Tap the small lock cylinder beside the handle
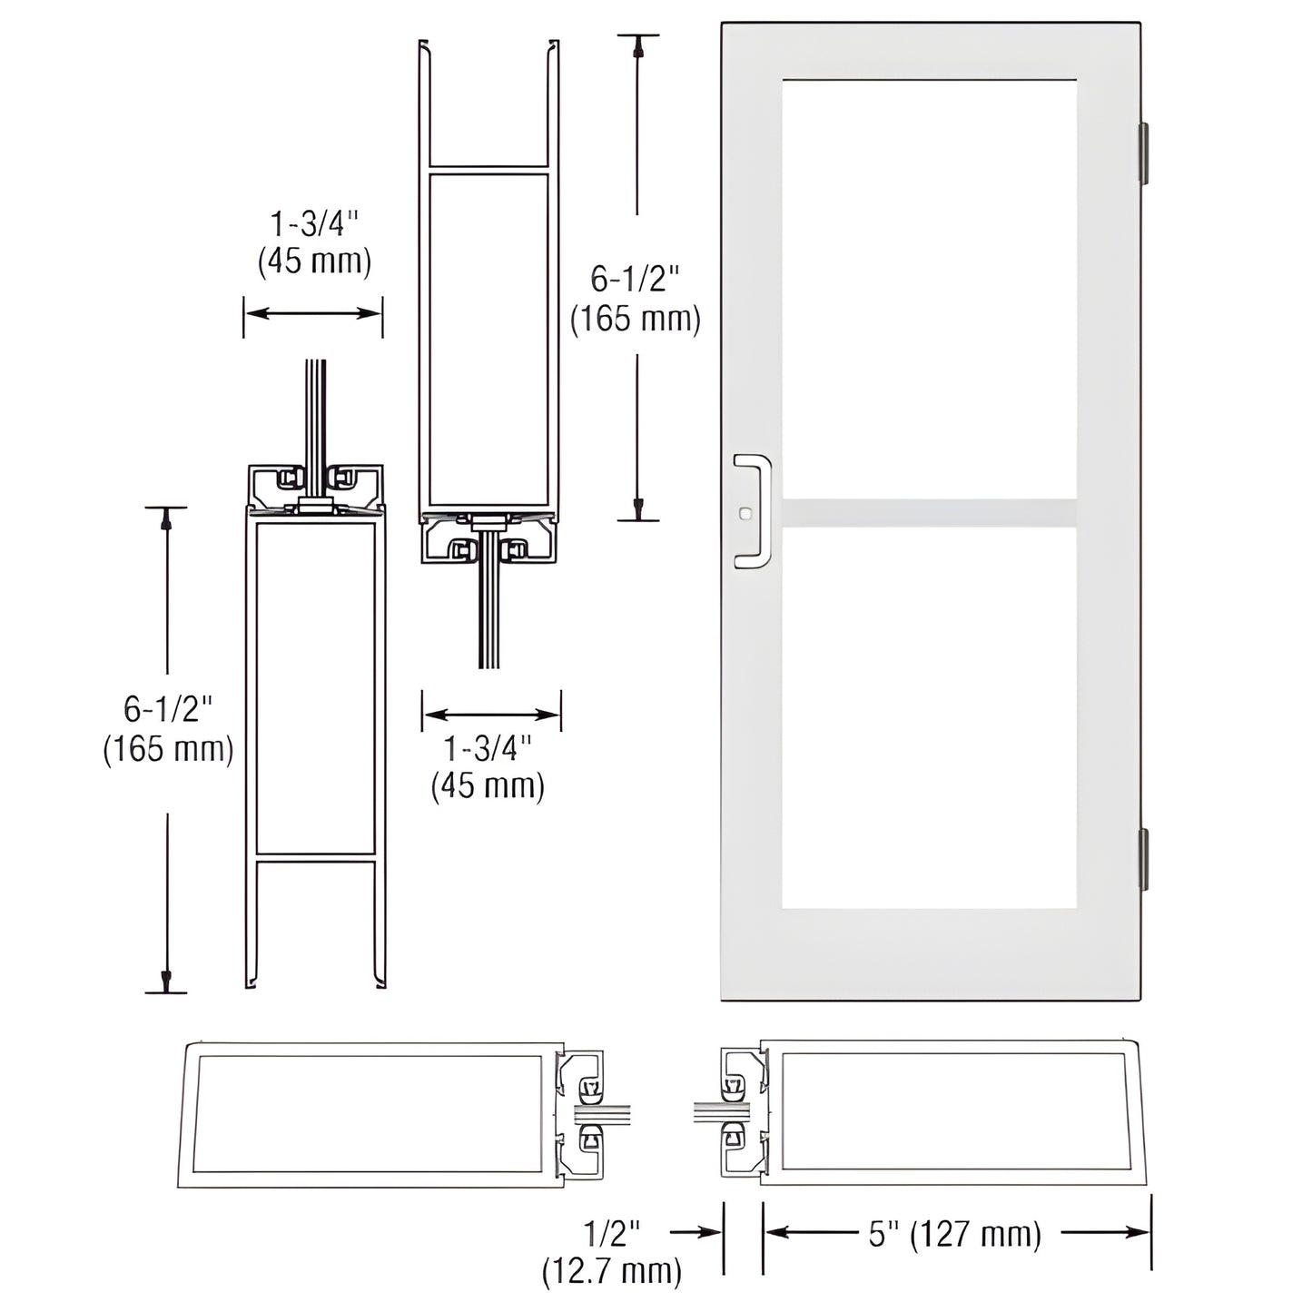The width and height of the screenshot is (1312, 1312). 745,513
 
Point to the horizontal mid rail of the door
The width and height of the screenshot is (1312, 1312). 929,512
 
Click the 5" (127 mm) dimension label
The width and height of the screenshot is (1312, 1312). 954,1235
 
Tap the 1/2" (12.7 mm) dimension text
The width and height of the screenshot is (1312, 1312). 612,1252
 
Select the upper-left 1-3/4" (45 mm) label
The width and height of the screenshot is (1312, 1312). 314,242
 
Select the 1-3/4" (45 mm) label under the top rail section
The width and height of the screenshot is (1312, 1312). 488,766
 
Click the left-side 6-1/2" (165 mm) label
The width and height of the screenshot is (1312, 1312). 168,729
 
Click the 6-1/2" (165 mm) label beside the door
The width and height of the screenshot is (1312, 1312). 635,299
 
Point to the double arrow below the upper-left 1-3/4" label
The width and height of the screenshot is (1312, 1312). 313,313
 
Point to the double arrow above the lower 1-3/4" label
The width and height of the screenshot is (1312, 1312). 490,715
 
